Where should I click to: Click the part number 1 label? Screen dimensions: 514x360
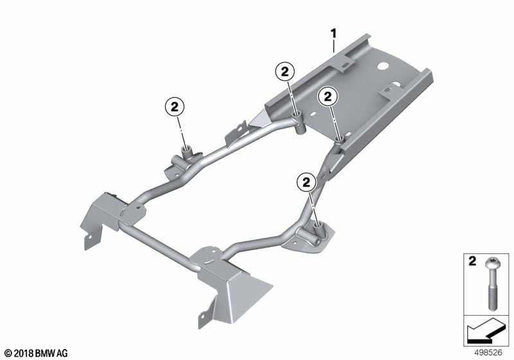tap(333, 33)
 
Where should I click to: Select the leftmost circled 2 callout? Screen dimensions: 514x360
tap(174, 107)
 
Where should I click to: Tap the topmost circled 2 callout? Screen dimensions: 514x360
tap(285, 71)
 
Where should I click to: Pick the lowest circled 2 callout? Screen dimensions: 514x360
tap(306, 182)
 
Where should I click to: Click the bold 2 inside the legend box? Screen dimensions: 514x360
tap(472, 261)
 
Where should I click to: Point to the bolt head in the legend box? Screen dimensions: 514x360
tap(491, 263)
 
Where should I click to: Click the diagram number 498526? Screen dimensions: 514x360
tap(488, 353)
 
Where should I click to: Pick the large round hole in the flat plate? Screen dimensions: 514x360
tap(382, 66)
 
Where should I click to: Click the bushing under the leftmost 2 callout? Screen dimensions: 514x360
tap(188, 152)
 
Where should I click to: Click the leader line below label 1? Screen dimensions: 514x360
tap(333, 46)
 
